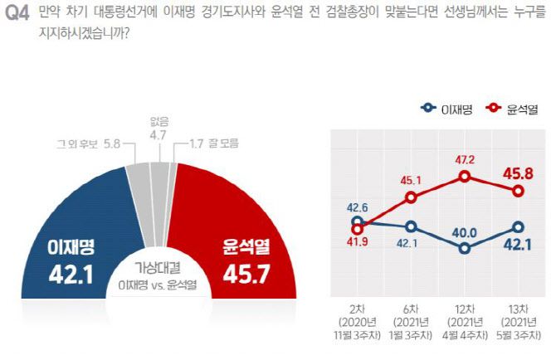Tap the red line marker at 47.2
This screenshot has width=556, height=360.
pos(465,177)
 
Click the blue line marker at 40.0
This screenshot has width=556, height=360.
pos(465,247)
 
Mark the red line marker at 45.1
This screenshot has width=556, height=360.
pos(411,197)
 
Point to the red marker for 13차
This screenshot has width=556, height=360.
pos(519,191)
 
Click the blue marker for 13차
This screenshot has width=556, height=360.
pos(519,226)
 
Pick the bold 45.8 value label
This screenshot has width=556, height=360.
pos(519,172)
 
